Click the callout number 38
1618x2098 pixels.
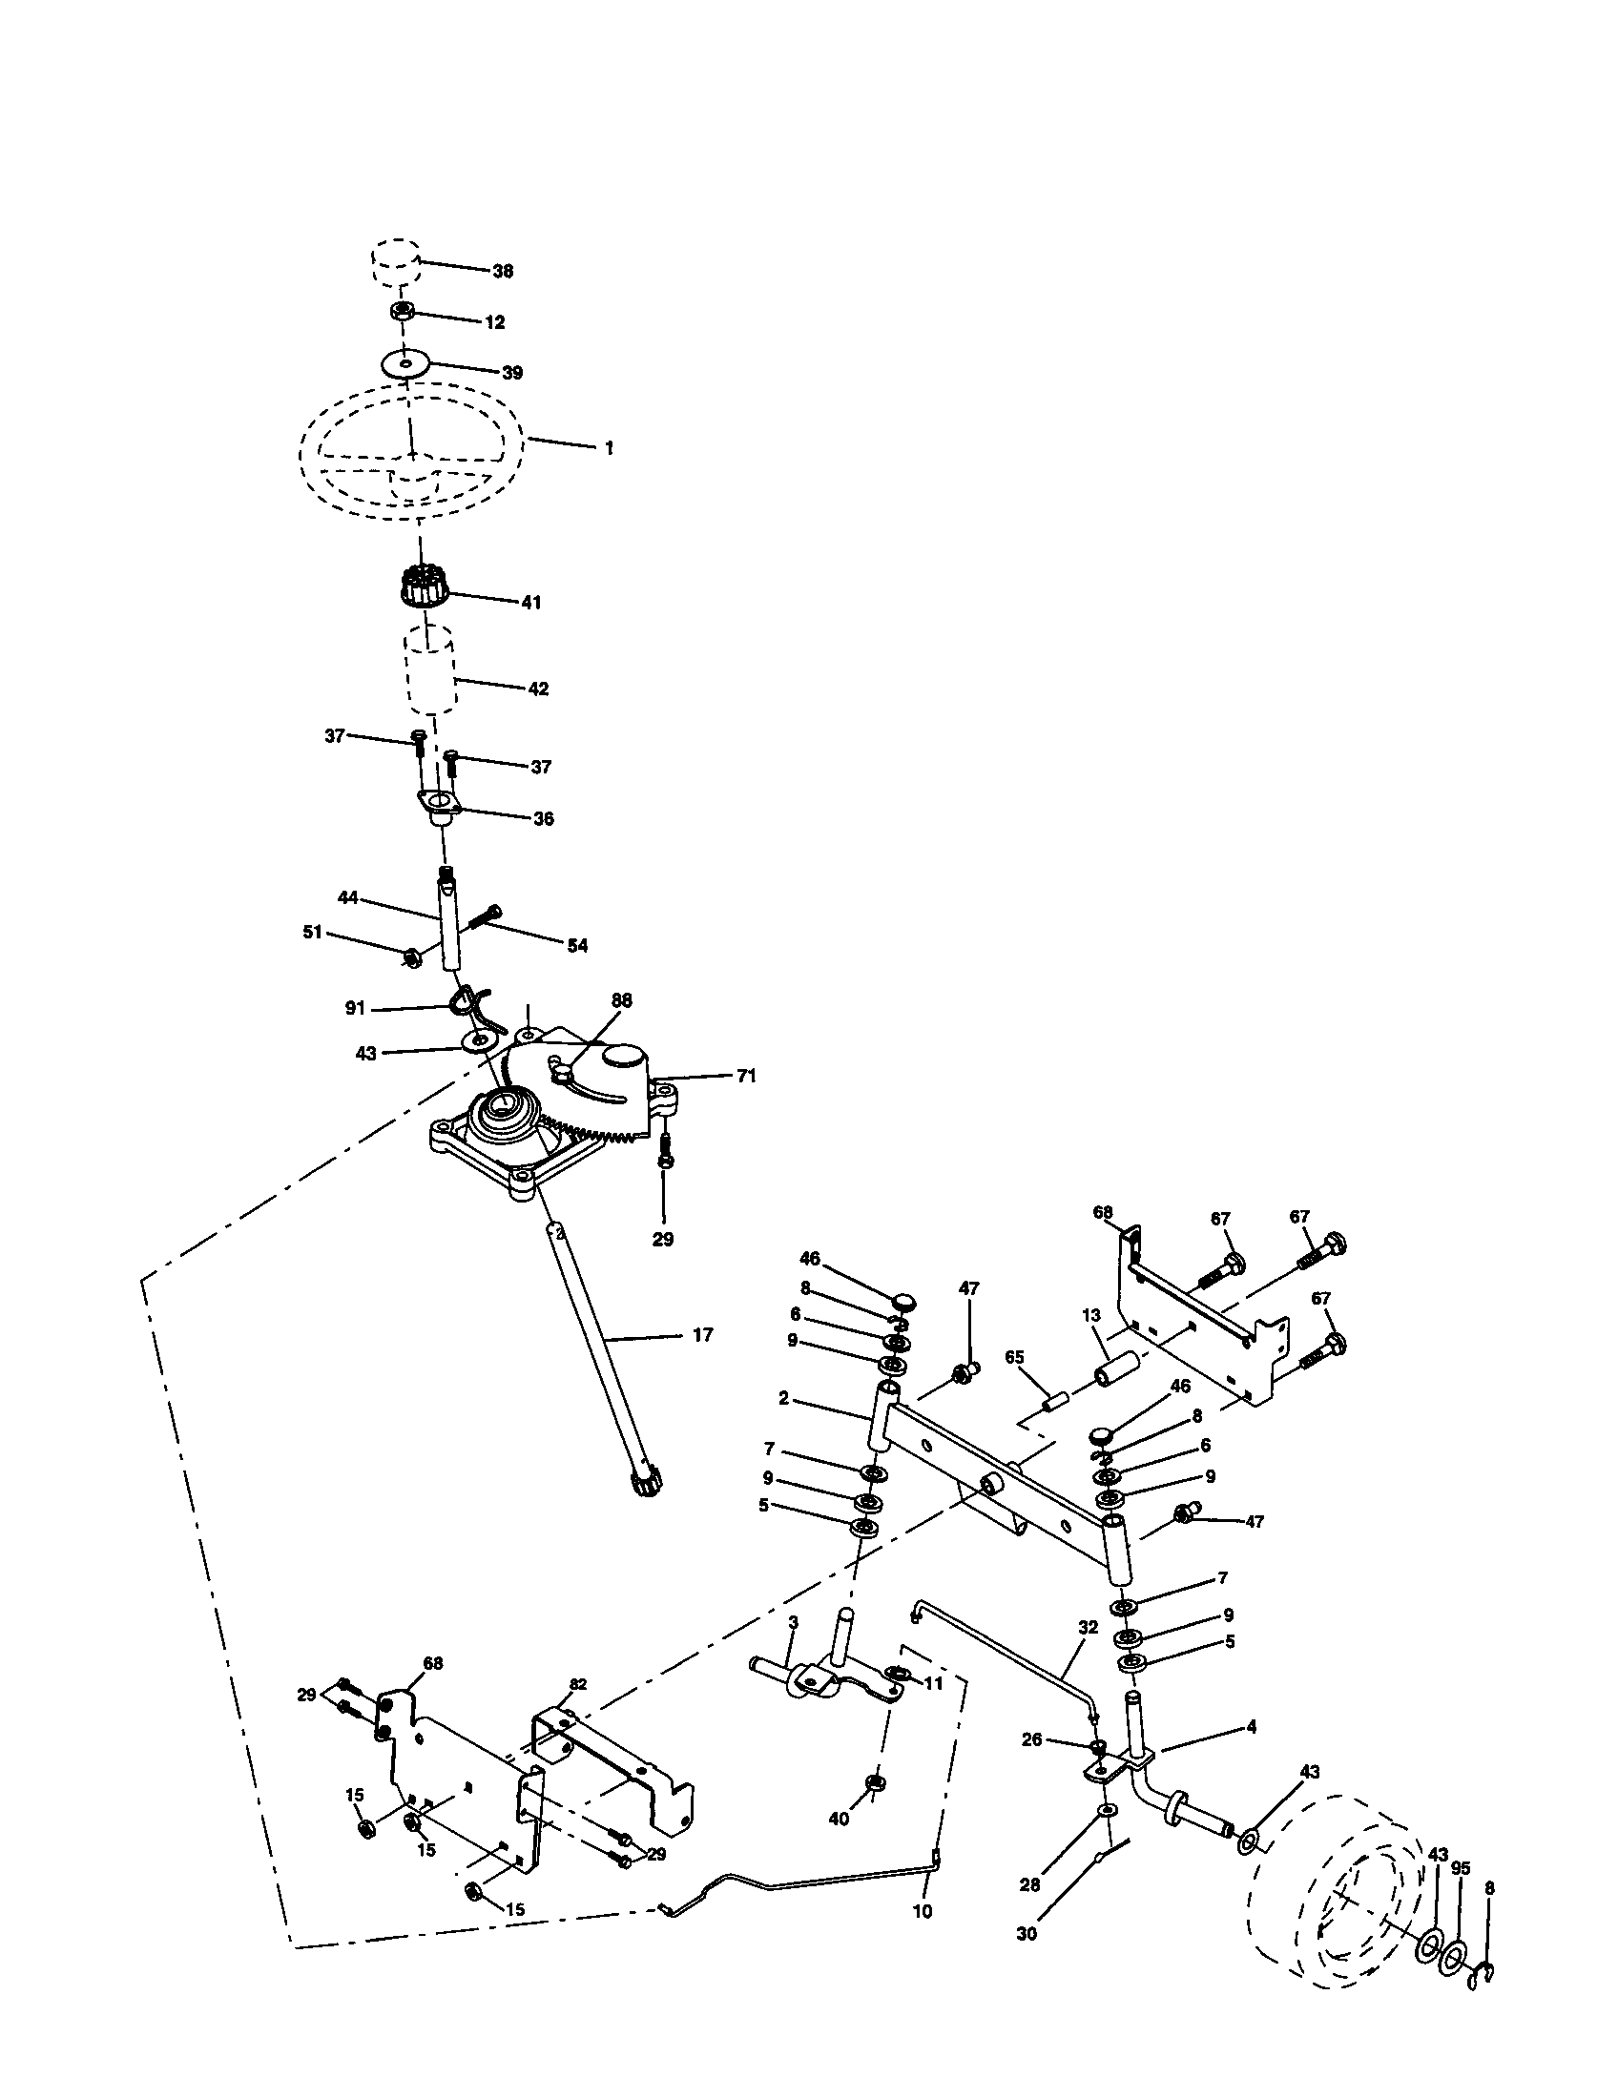[x=503, y=271]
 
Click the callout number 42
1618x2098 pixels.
[x=538, y=689]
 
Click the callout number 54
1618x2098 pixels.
[x=576, y=946]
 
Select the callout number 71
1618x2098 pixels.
[x=747, y=1077]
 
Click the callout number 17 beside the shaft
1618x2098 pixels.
[x=702, y=1334]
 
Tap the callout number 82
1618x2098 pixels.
[x=578, y=1684]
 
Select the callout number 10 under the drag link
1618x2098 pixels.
[x=922, y=1939]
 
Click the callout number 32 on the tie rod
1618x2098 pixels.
[x=1088, y=1627]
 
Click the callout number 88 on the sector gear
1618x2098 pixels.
[x=621, y=1000]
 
